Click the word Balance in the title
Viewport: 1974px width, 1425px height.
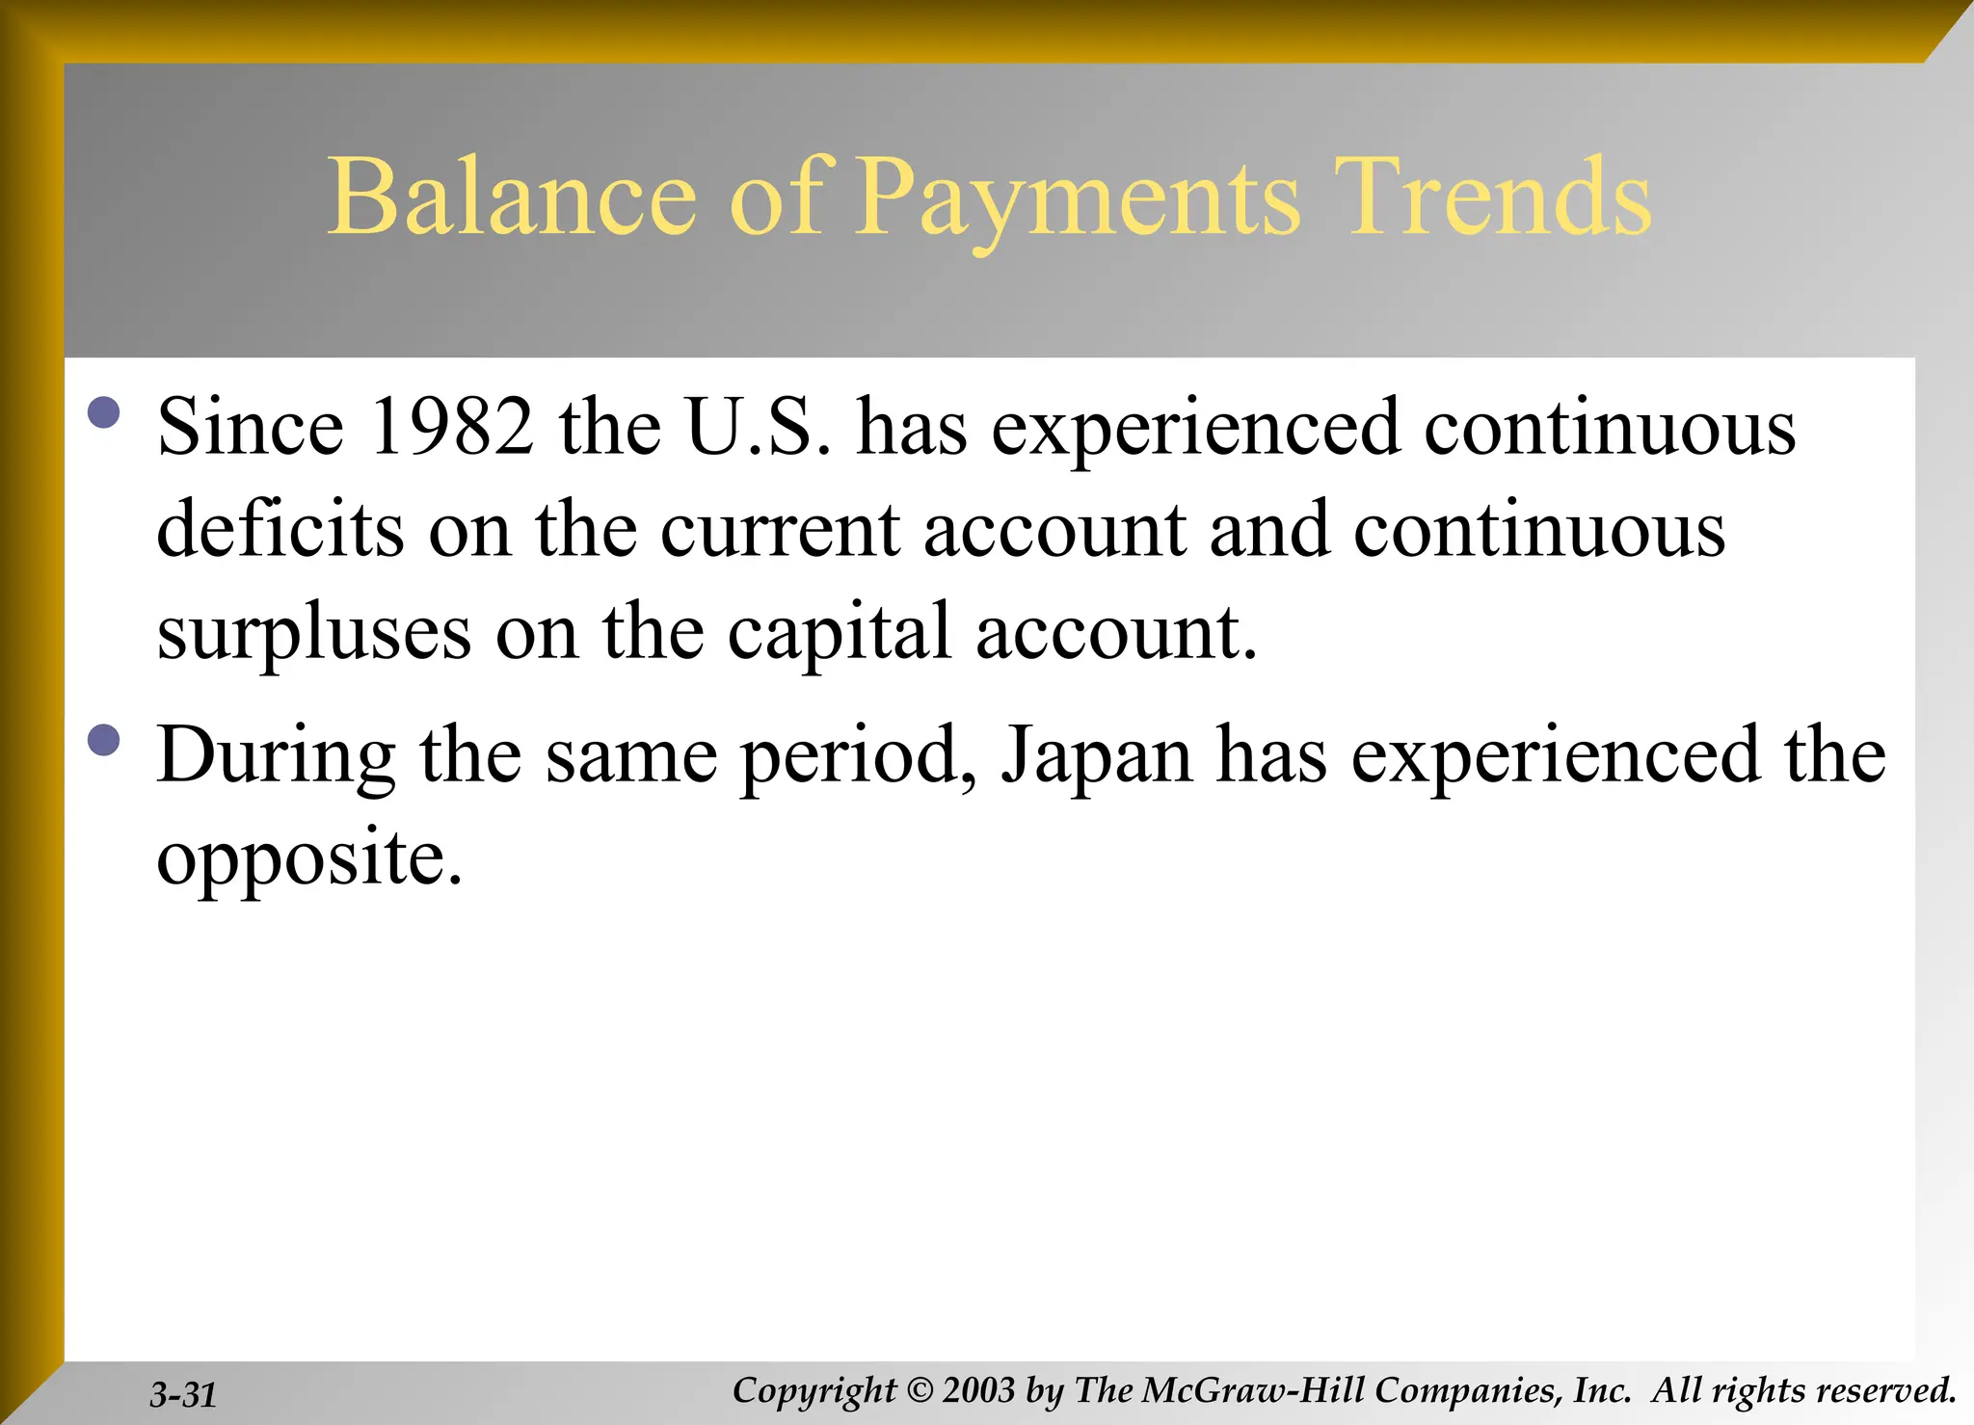click(x=512, y=198)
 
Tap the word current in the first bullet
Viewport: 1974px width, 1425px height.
click(x=780, y=532)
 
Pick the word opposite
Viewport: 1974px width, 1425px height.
click(x=309, y=860)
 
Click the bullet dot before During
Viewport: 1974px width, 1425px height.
click(x=103, y=740)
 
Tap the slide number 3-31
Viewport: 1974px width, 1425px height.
click(x=183, y=1394)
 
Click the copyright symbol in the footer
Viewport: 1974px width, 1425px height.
click(x=920, y=1390)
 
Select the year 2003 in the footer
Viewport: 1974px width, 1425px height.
click(x=979, y=1390)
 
